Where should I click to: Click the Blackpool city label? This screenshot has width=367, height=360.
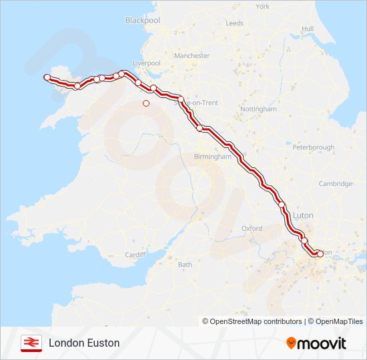coord(143,21)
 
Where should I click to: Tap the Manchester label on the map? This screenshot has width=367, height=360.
coord(192,56)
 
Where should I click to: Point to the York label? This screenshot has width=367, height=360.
coord(262,7)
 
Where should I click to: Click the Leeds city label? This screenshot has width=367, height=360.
coord(234,23)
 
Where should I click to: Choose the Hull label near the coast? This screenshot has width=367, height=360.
coord(307,29)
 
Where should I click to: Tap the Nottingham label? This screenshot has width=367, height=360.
coord(258,109)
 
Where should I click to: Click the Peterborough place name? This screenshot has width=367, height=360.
coord(313,147)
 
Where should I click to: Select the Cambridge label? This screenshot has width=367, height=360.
coord(335,184)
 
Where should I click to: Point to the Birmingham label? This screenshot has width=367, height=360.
coord(212,157)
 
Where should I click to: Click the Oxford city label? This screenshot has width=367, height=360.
coord(252,228)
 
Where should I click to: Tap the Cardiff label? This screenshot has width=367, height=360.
coord(135,255)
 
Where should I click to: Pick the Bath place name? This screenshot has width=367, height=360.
coord(185,265)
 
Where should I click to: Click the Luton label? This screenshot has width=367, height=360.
coord(303,216)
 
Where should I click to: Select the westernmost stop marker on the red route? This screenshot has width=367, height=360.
coord(47,78)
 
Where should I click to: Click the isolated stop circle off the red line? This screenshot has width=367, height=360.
coord(146,103)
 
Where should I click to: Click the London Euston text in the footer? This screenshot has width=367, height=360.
coord(84,343)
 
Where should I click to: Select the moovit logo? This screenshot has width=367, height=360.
coord(316,343)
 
